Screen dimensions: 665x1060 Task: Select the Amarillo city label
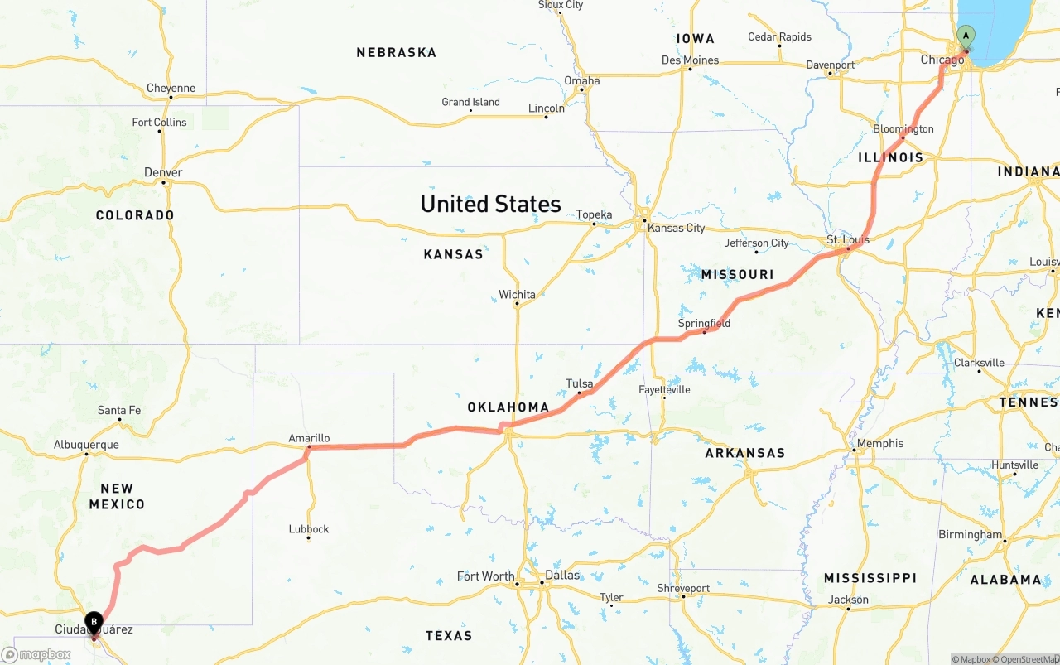click(309, 438)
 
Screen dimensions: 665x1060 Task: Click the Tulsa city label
click(579, 383)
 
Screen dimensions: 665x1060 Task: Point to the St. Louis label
click(848, 240)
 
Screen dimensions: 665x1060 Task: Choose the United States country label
click(490, 204)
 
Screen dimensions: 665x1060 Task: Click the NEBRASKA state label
click(396, 52)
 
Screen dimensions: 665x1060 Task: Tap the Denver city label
click(163, 172)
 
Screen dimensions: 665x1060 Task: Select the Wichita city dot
click(517, 304)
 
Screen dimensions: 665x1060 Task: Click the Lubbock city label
click(309, 529)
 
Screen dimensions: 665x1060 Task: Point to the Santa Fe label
click(119, 410)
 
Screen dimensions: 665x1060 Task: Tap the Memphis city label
click(879, 443)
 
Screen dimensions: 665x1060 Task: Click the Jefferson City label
click(756, 243)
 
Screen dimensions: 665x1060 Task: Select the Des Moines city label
click(690, 60)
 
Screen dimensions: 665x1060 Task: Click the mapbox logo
click(36, 654)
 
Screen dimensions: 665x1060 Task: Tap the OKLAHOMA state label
click(508, 407)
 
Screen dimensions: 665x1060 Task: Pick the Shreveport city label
click(683, 588)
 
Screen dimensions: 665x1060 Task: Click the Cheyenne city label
click(171, 88)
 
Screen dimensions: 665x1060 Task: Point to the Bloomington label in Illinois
click(903, 128)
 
